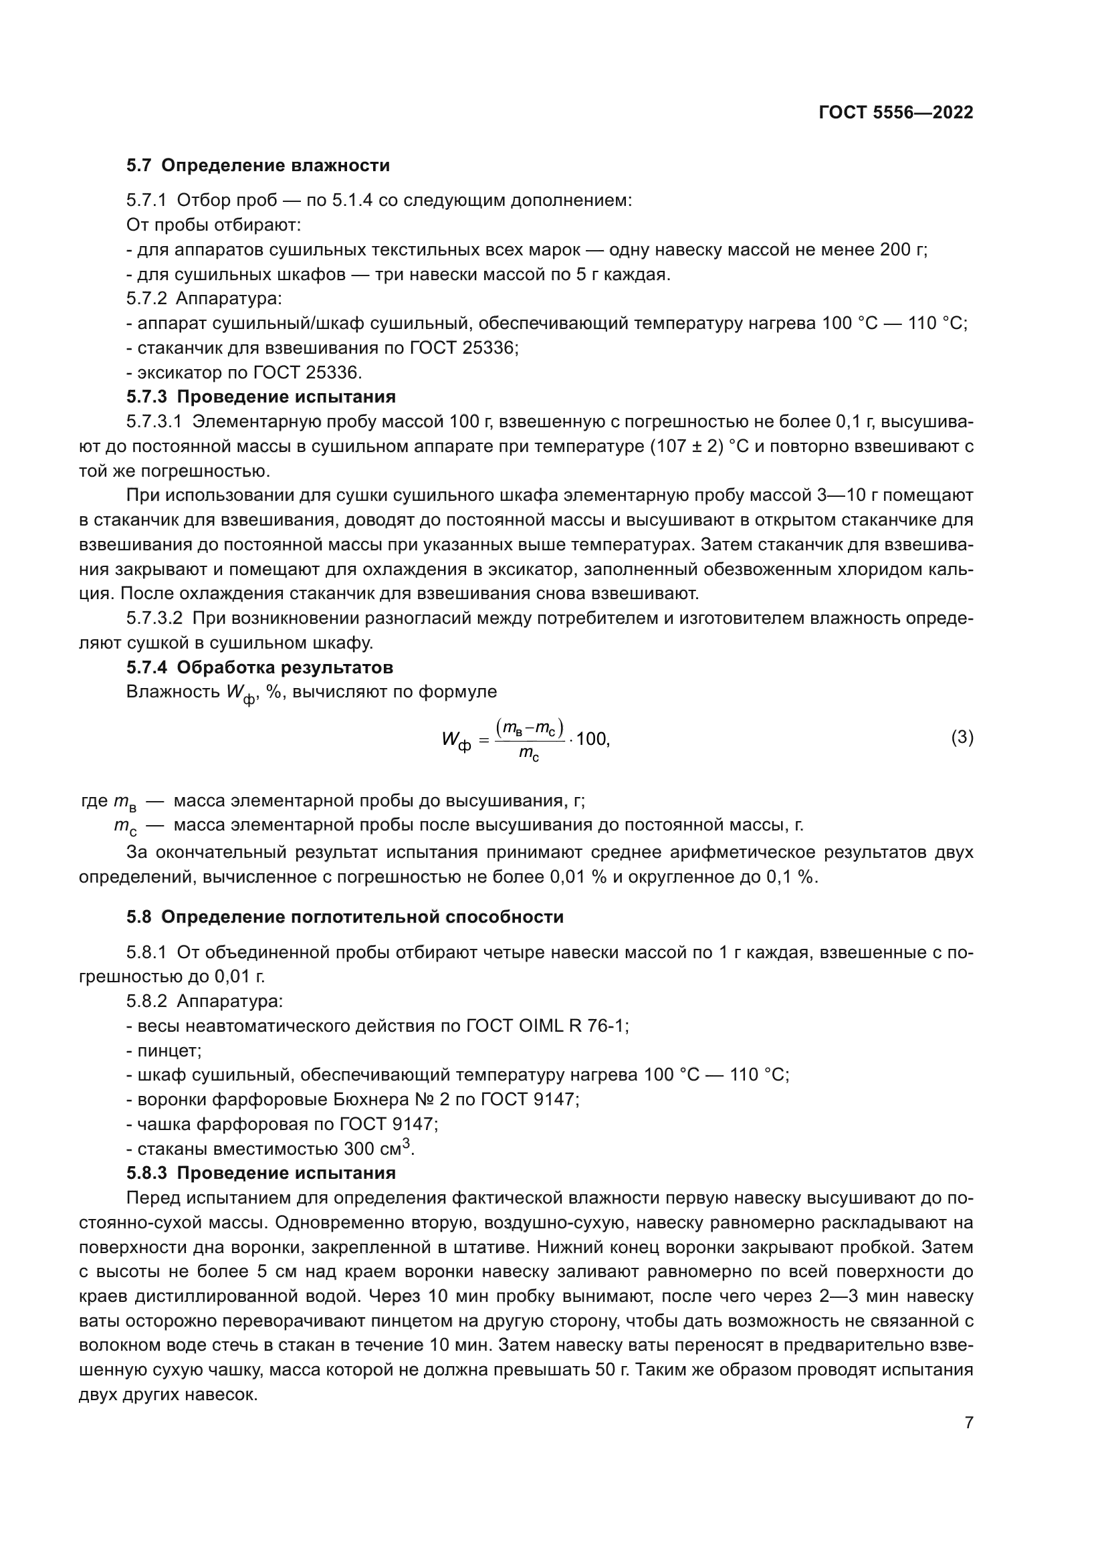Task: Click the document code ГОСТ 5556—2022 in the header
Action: (895, 113)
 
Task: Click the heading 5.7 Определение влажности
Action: (258, 166)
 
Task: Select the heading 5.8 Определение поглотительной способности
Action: (344, 917)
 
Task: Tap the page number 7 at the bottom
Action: (969, 1422)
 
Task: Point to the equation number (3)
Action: (962, 737)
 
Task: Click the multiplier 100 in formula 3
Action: (591, 738)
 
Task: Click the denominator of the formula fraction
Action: (528, 754)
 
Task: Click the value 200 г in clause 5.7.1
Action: (902, 250)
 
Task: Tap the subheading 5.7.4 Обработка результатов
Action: (259, 667)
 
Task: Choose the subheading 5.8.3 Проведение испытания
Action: (261, 1173)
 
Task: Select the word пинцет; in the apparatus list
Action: (170, 1050)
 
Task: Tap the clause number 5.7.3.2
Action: (154, 619)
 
